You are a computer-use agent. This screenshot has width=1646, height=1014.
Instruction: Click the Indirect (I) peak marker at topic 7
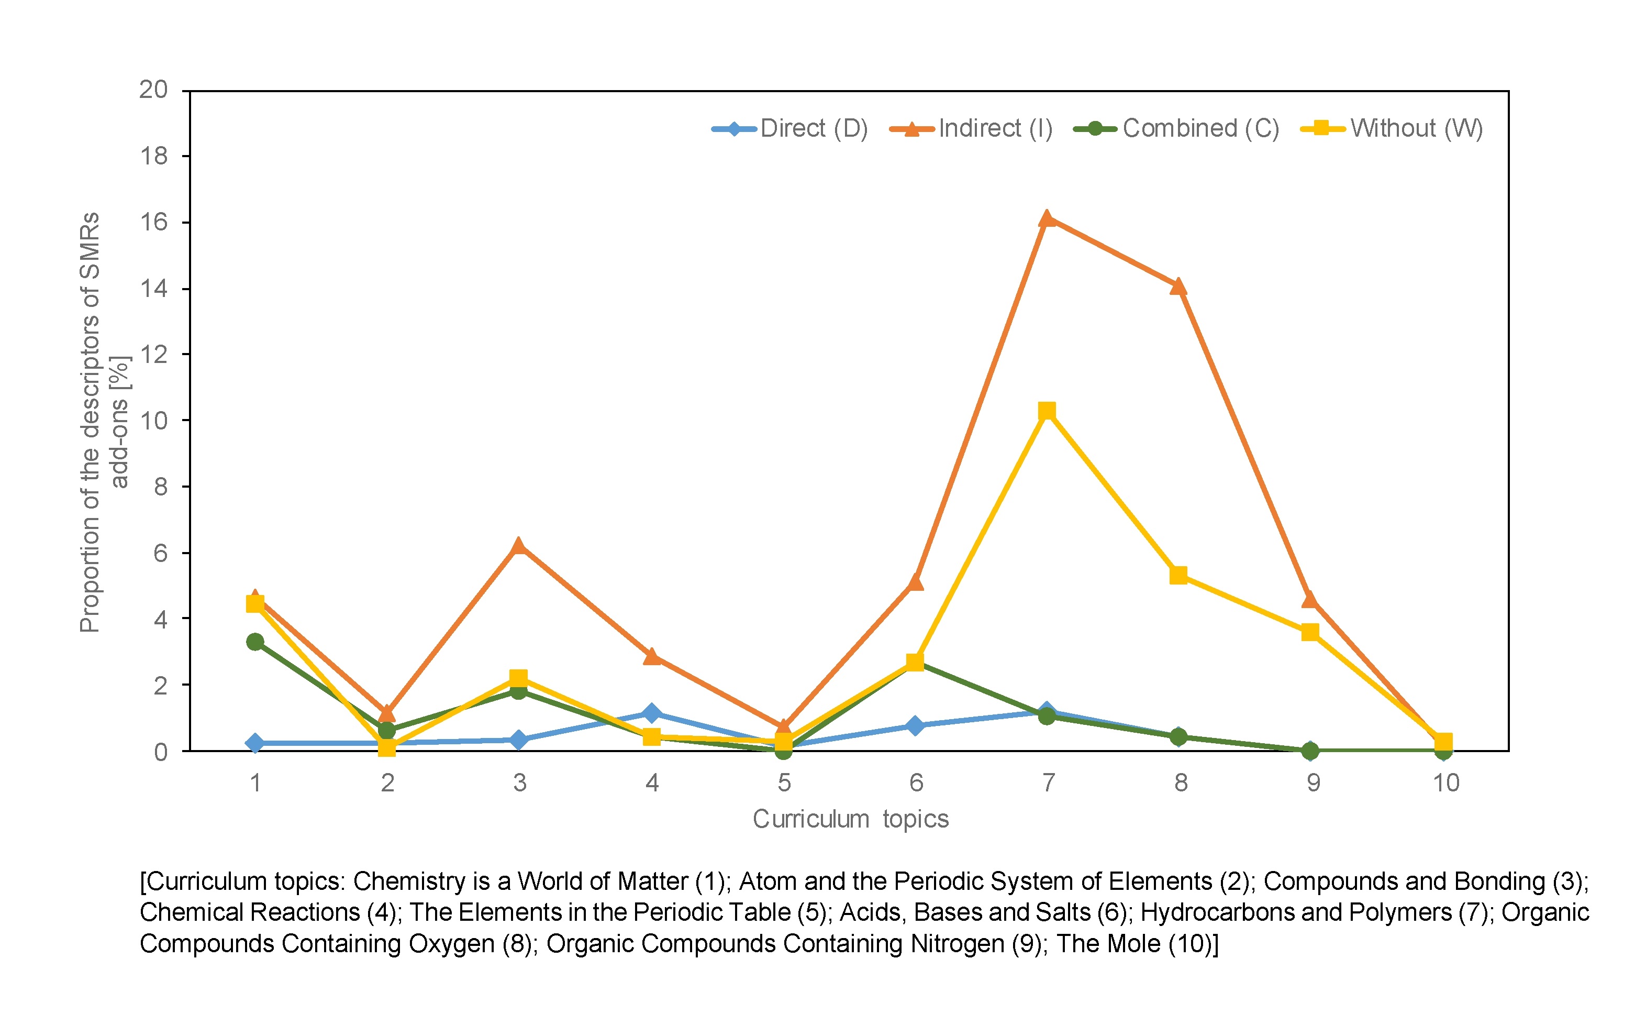click(1047, 218)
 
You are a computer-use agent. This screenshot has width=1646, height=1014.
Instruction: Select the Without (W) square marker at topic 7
click(1047, 411)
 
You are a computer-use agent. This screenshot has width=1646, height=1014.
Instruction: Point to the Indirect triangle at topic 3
click(518, 546)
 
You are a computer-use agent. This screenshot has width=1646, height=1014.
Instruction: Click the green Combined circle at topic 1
click(254, 642)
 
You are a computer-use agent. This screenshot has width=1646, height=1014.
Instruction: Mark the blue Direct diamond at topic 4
click(651, 713)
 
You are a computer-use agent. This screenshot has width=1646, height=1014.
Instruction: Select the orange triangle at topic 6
click(916, 582)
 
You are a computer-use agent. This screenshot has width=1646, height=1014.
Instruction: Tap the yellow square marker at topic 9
click(1310, 632)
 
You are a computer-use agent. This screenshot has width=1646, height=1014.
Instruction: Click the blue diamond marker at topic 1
click(254, 743)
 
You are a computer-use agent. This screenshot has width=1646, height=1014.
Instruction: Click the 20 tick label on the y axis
click(153, 89)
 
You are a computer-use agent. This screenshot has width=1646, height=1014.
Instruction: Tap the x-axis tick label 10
click(1445, 782)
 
